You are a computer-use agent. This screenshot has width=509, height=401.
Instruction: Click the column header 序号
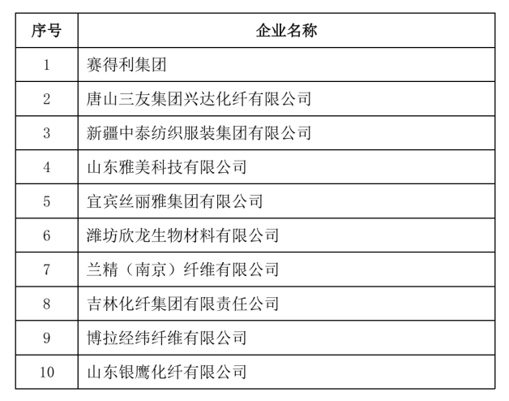[x=46, y=31]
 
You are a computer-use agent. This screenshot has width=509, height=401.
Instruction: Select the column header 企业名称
[x=286, y=31]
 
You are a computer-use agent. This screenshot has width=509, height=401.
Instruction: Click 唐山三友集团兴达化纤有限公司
[x=199, y=99]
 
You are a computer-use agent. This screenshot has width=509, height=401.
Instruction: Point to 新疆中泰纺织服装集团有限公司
[x=199, y=133]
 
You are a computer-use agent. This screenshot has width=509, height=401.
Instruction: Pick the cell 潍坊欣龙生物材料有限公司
[x=182, y=235]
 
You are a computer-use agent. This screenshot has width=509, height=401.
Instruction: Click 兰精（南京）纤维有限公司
[x=182, y=269]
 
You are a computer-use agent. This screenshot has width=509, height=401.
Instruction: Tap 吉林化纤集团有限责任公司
[x=182, y=304]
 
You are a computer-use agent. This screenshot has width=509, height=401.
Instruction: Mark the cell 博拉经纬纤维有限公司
[x=166, y=338]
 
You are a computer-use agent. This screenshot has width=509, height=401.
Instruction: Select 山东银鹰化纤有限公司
[x=166, y=372]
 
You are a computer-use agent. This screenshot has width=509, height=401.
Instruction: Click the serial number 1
[x=46, y=65]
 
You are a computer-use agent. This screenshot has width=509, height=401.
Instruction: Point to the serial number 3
[x=46, y=133]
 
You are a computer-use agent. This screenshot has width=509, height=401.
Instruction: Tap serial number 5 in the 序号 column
[x=46, y=201]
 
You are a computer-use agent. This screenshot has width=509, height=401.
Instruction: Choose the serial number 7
[x=46, y=269]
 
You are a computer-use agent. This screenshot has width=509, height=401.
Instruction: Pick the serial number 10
[x=46, y=372]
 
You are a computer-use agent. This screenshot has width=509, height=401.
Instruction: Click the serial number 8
[x=46, y=304]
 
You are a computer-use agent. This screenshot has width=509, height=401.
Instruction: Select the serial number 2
[x=46, y=99]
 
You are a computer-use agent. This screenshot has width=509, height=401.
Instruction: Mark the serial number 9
[x=46, y=338]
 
